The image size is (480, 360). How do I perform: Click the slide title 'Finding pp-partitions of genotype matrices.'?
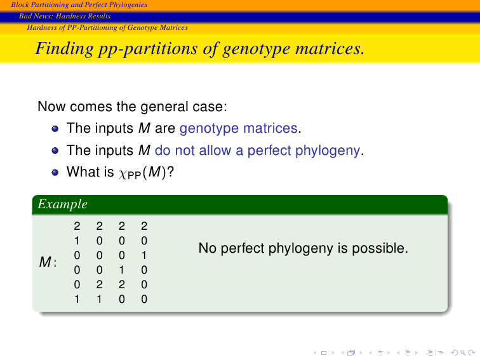click(x=200, y=49)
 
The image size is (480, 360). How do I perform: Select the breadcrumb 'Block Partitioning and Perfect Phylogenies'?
click(x=79, y=4)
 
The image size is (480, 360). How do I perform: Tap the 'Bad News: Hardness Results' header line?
click(x=65, y=16)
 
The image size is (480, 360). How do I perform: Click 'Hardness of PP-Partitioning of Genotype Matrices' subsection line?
click(x=107, y=27)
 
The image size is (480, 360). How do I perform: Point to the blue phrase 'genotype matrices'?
click(x=239, y=128)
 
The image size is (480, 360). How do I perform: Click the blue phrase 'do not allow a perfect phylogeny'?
click(x=257, y=150)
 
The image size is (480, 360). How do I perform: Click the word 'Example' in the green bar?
click(x=62, y=204)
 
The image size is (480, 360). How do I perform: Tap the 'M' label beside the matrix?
click(x=45, y=262)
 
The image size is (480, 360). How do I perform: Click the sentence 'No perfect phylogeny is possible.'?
click(x=303, y=248)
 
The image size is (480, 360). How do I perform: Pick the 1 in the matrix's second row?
click(x=77, y=241)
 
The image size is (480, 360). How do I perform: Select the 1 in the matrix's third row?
click(x=144, y=255)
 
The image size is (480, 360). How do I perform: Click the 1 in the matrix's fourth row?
click(x=122, y=270)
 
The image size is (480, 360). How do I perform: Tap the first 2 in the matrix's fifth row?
click(x=99, y=284)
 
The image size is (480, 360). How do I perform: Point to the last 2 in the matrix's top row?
click(x=144, y=226)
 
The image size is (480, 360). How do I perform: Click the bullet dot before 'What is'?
click(x=55, y=173)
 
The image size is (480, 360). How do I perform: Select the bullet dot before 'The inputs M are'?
click(x=55, y=128)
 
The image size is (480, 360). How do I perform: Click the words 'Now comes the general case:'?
click(x=132, y=107)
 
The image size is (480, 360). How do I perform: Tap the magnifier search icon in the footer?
click(x=463, y=353)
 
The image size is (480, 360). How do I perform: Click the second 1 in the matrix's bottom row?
click(x=99, y=299)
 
